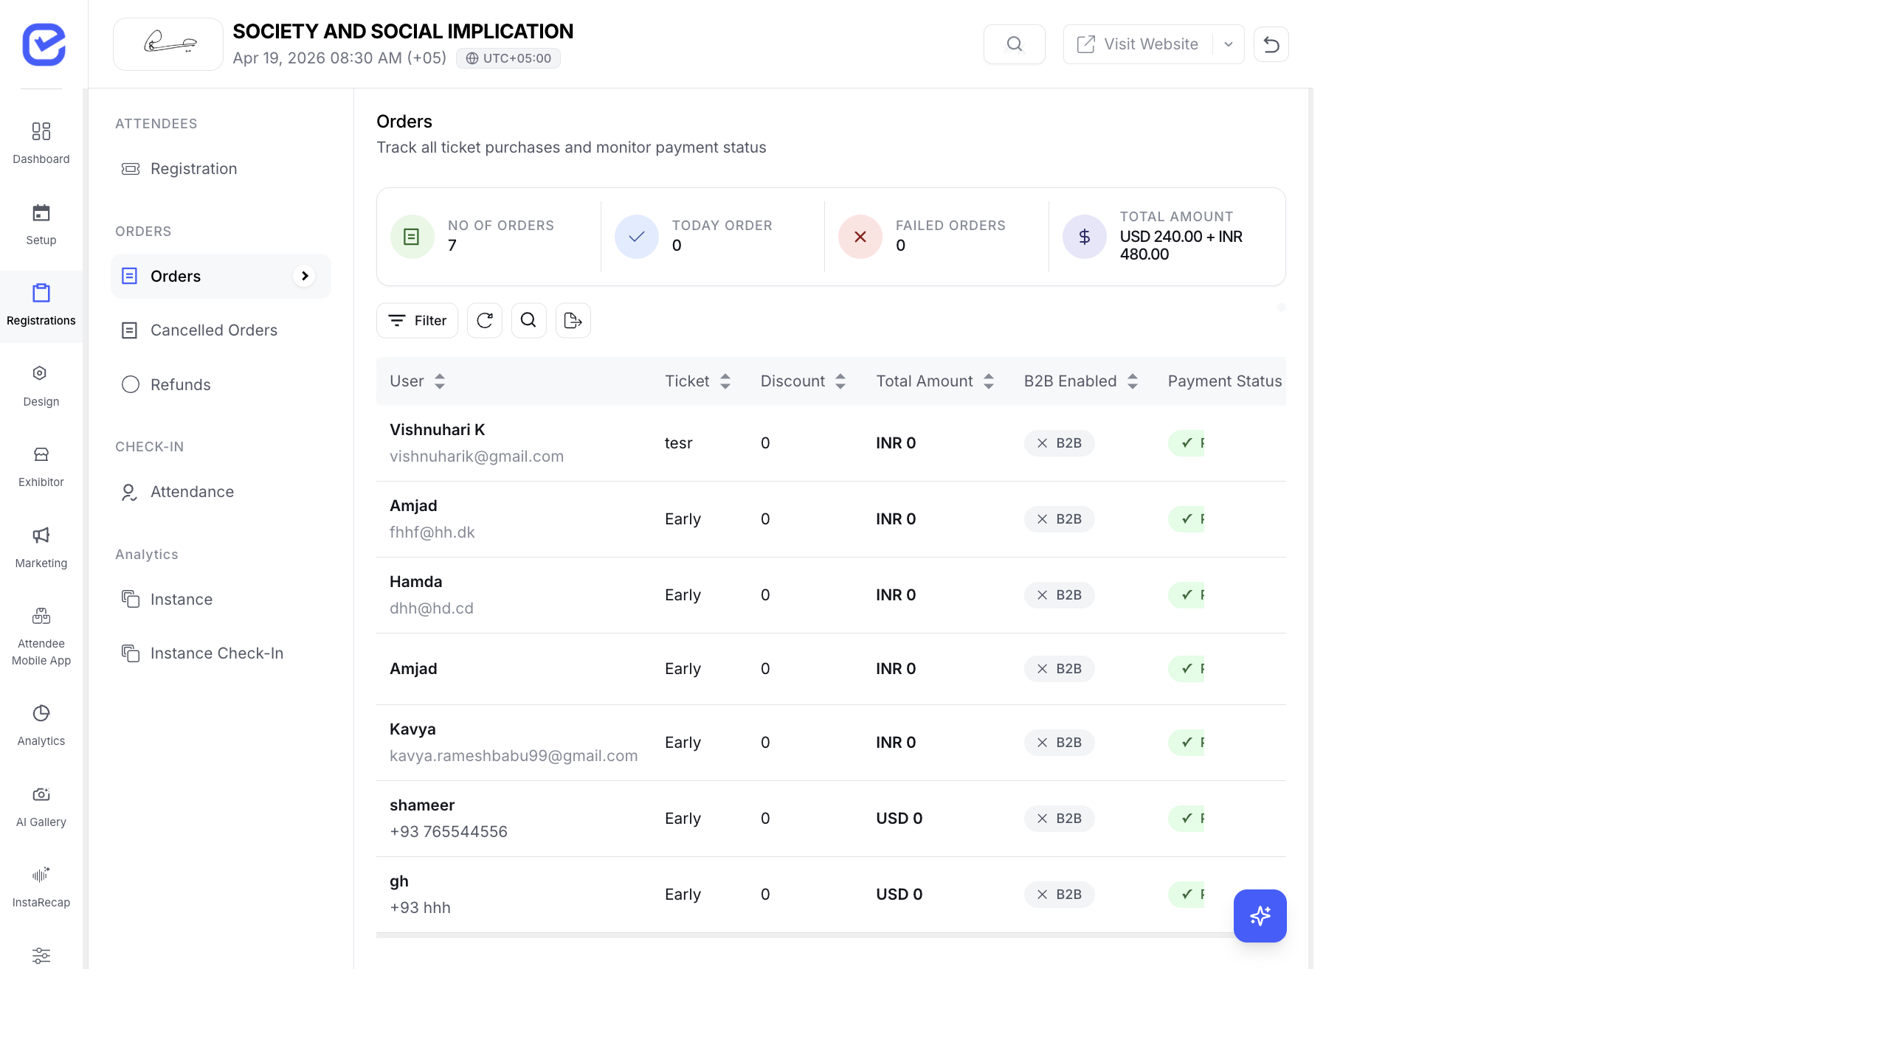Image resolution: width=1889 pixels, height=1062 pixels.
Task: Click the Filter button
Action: [417, 321]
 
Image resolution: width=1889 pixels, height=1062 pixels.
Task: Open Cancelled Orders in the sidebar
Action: [213, 330]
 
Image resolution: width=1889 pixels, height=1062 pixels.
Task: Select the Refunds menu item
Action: [180, 385]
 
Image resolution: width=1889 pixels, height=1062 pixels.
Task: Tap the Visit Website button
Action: [1139, 44]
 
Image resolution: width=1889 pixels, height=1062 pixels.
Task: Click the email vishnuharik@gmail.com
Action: [476, 457]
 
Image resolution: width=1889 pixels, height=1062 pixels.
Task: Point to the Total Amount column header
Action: [924, 381]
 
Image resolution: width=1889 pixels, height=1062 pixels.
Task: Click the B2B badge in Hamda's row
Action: [1059, 595]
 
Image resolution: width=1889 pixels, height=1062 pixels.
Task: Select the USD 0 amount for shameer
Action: [899, 819]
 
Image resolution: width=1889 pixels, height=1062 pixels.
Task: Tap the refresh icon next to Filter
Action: [485, 321]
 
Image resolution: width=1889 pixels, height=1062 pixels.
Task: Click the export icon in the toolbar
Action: [573, 321]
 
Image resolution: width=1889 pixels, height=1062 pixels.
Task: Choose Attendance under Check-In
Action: [192, 492]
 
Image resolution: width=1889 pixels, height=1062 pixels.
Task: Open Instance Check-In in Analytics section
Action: [216, 653]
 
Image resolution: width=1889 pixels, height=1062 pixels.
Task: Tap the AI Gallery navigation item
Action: [41, 805]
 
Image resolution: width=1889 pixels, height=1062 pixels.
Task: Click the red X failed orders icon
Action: [860, 237]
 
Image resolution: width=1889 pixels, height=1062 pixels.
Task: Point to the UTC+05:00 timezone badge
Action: [508, 58]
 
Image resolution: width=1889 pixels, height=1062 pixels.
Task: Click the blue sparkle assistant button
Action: [1260, 916]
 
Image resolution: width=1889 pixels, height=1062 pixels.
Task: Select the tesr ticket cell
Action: [678, 443]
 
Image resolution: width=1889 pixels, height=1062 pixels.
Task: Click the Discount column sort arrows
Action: [840, 381]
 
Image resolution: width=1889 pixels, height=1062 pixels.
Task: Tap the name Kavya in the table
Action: [412, 729]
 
